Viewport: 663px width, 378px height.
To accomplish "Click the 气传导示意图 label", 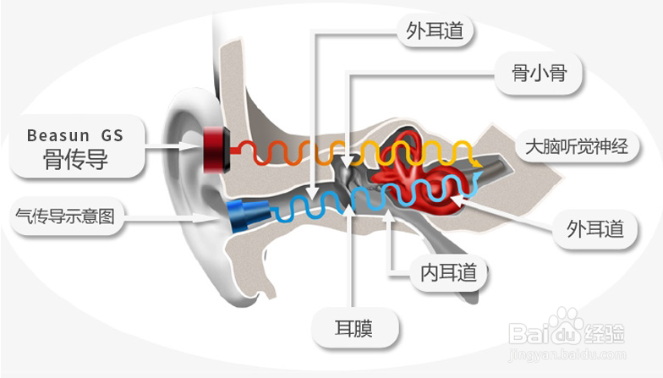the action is tap(64, 216).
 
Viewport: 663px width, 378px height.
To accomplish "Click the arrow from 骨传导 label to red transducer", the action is tap(173, 147).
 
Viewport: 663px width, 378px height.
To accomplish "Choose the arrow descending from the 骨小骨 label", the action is tap(349, 118).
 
